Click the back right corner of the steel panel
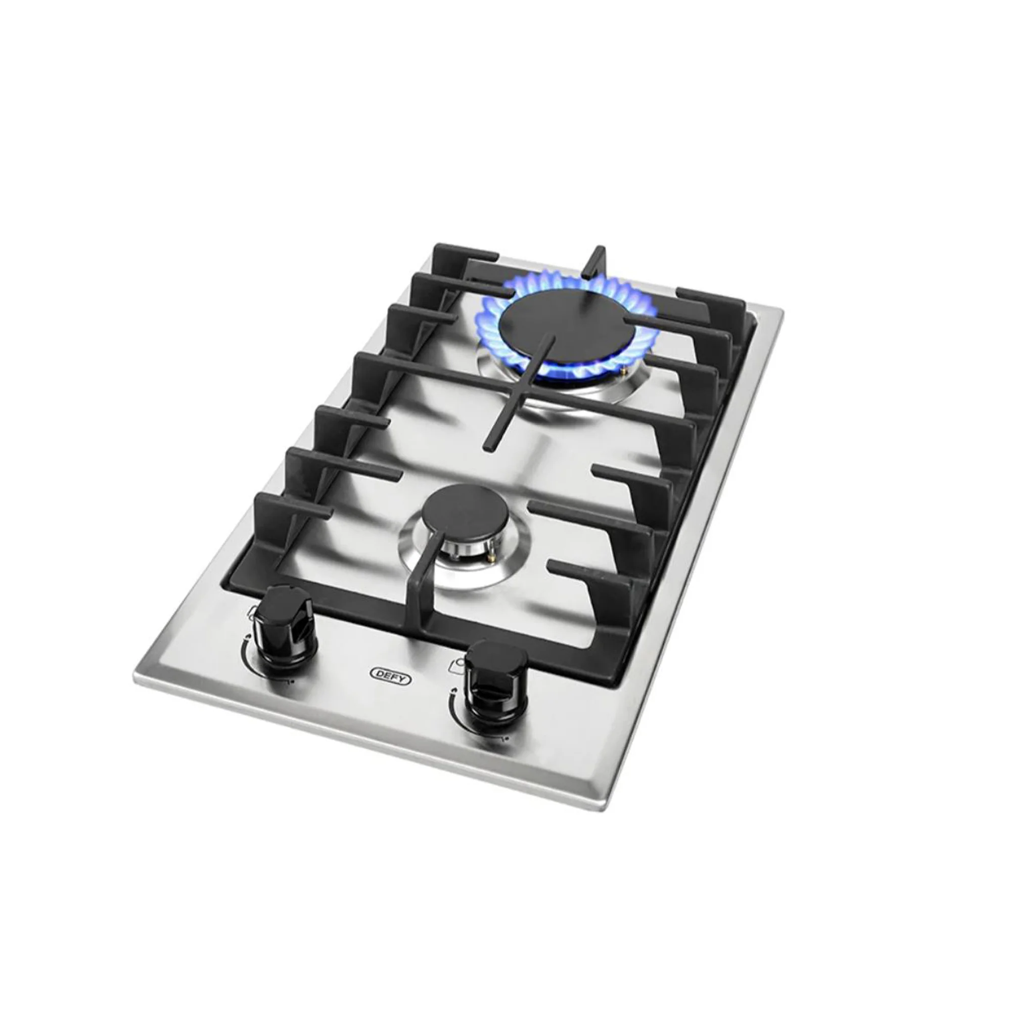pos(782,310)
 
